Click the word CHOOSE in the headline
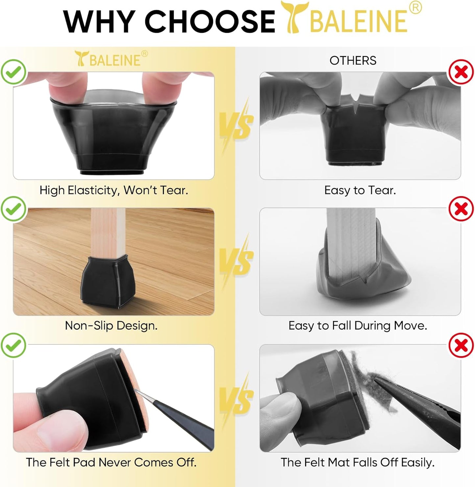[209, 21]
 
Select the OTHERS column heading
[353, 60]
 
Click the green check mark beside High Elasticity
[13, 72]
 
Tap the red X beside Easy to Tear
[461, 72]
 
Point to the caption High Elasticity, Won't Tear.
[114, 190]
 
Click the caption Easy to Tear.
[360, 190]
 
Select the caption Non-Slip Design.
[111, 325]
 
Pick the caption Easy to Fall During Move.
[358, 325]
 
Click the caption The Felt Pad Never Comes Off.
[111, 462]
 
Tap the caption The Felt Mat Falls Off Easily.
[358, 462]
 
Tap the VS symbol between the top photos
[236, 125]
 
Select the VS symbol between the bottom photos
[236, 399]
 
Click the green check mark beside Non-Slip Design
[13, 209]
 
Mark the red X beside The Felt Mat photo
[461, 345]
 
